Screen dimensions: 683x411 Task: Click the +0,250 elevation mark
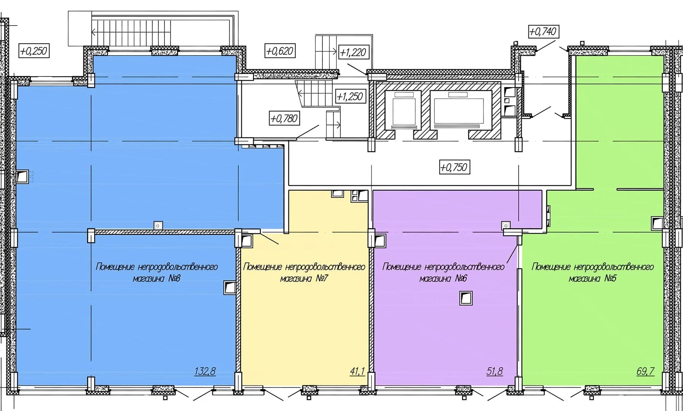[x=34, y=51]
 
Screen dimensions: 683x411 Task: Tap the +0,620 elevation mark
[x=280, y=51]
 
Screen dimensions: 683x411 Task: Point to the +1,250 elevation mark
[x=350, y=96]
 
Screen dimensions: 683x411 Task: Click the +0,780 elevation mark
[x=284, y=118]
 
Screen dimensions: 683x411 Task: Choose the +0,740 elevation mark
[x=543, y=32]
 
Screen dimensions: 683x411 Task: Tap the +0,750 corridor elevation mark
[x=454, y=167]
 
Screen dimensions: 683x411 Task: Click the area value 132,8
[x=205, y=371]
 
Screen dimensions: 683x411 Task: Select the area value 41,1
[x=357, y=371]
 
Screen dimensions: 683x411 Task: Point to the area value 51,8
[x=495, y=371]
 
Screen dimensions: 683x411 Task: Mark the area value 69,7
[x=645, y=371]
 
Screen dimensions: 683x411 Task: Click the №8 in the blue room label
[x=174, y=279]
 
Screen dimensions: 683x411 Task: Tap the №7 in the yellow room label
[x=321, y=279]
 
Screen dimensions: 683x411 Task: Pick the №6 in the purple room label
[x=461, y=279]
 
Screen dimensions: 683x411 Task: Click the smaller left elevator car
[x=404, y=110]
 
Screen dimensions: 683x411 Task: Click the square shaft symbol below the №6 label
[x=466, y=298]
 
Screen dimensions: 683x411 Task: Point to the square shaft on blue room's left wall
[x=22, y=177]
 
